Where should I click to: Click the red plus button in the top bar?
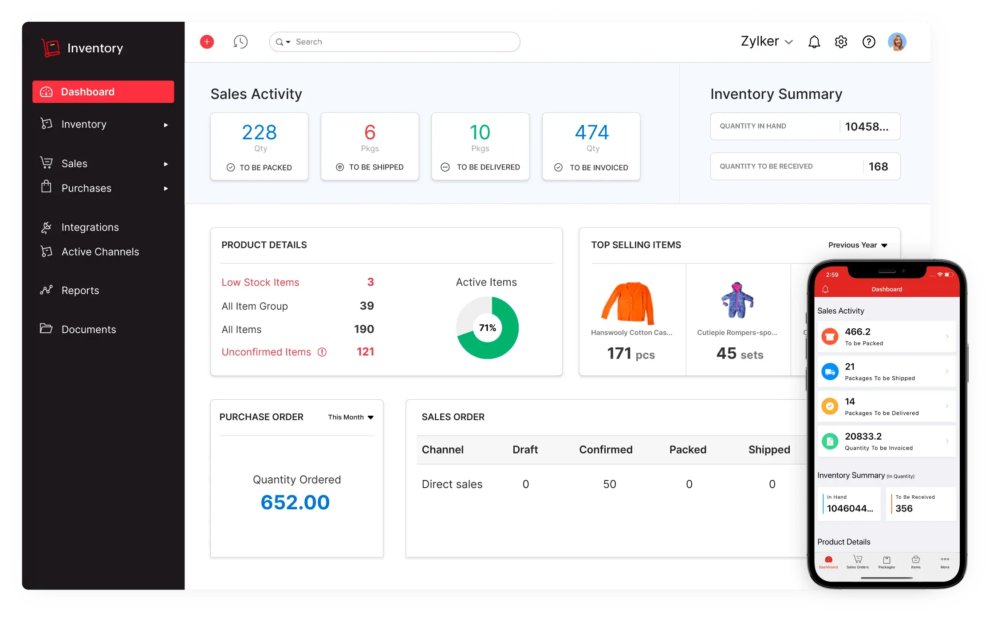[207, 42]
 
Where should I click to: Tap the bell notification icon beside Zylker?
[814, 42]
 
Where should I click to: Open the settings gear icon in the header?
[841, 42]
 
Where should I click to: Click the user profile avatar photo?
[897, 42]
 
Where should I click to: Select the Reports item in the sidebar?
[80, 291]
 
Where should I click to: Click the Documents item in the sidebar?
[88, 329]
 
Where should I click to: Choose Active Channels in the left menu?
[100, 252]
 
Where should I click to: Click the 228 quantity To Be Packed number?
[259, 132]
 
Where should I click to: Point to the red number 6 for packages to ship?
[370, 132]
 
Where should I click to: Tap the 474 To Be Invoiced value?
[592, 132]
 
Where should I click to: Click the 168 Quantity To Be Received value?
[878, 166]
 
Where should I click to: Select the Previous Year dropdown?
[857, 245]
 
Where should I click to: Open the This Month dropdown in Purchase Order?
[351, 417]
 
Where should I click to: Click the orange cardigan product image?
[628, 303]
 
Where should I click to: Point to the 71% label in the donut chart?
[487, 328]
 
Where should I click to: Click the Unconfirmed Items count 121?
[365, 352]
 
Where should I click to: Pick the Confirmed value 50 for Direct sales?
[609, 484]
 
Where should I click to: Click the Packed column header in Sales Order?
[687, 449]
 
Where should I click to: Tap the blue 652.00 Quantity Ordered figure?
[295, 502]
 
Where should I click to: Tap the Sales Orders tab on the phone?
[857, 562]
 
